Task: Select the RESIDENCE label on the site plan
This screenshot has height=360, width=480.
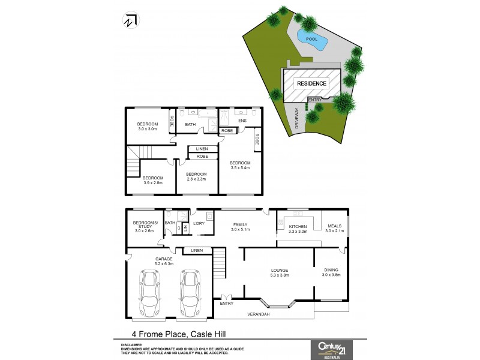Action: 312,83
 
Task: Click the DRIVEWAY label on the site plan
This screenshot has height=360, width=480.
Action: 296,119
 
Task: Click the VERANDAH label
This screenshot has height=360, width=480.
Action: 259,314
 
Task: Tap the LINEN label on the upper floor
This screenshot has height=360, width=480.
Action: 202,148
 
